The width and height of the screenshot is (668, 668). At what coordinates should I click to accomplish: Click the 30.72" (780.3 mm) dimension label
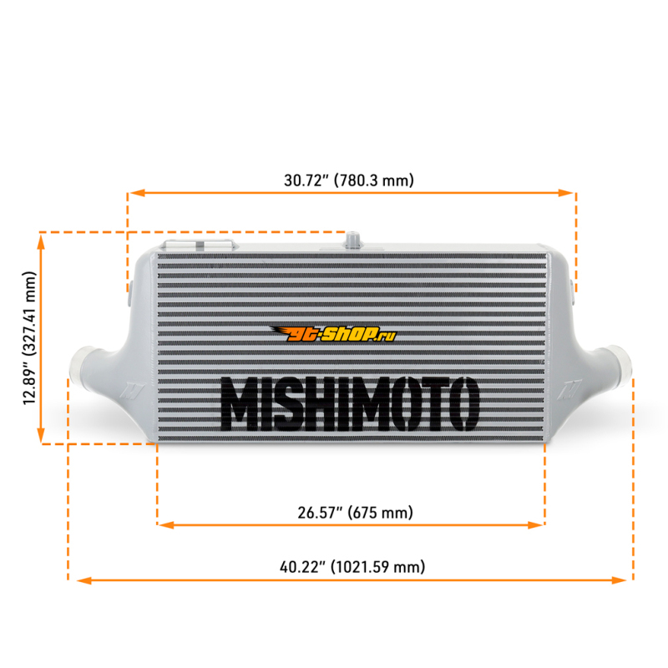click(x=349, y=180)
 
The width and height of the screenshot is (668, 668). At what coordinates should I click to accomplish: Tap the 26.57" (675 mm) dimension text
click(x=356, y=512)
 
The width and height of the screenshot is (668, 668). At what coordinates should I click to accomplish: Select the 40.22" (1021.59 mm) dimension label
click(x=352, y=567)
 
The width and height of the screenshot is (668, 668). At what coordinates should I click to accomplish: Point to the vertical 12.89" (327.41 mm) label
click(x=30, y=338)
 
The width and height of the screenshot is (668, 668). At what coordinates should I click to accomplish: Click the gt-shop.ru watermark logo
click(x=333, y=334)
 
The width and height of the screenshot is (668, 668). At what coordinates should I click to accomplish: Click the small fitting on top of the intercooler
click(x=352, y=240)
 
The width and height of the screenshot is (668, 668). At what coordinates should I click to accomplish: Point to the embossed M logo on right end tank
click(x=569, y=388)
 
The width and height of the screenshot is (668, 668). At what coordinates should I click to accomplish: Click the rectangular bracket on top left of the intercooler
click(x=199, y=245)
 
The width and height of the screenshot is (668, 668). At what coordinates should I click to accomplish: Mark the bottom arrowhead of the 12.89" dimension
click(x=41, y=434)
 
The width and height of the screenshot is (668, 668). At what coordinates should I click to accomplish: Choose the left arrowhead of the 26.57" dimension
click(x=166, y=525)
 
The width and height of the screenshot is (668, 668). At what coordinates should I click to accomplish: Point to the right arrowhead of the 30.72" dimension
click(x=565, y=193)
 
